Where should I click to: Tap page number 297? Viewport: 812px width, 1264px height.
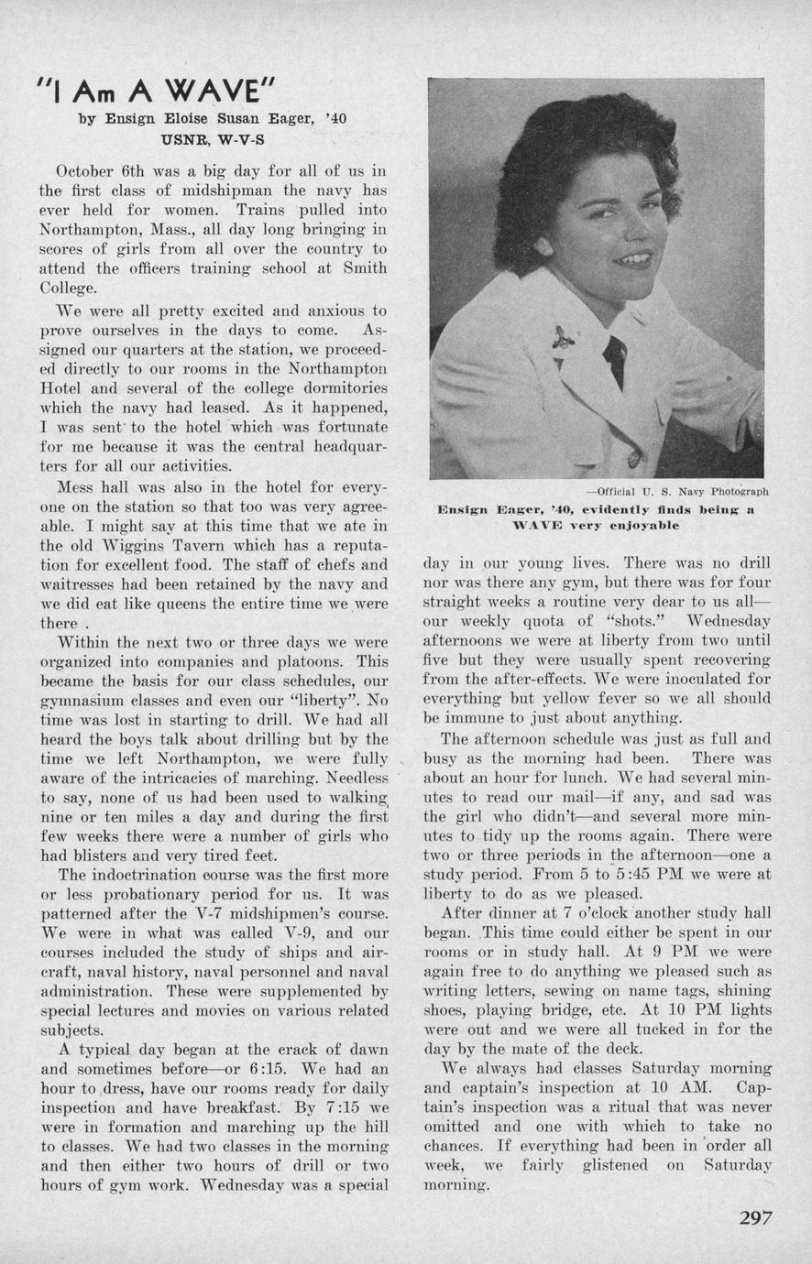tap(755, 1217)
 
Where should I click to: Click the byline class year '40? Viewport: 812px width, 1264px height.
tap(334, 118)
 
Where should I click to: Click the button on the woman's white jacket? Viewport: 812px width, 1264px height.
tap(631, 457)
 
